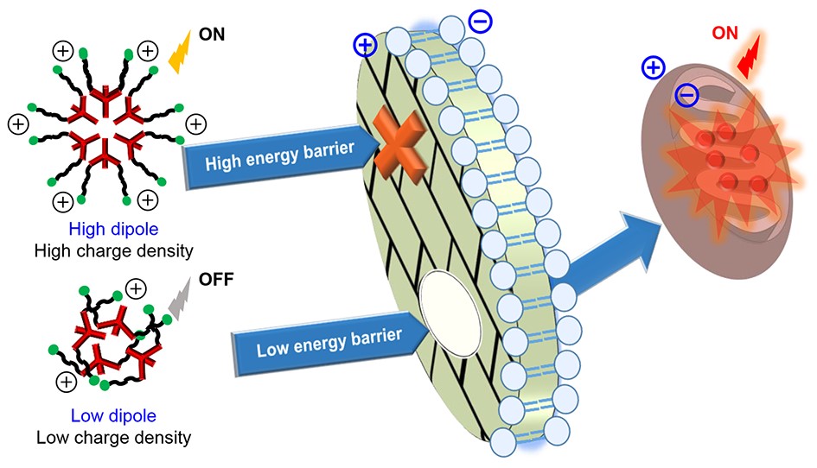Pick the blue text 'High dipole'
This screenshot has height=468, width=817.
pyautogui.click(x=104, y=231)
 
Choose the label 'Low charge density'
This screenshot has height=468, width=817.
pyautogui.click(x=113, y=436)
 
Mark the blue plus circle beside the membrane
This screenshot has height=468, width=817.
pyautogui.click(x=366, y=45)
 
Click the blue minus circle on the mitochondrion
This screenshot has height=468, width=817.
pyautogui.click(x=687, y=96)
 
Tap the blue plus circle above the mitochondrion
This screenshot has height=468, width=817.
pyautogui.click(x=654, y=67)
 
